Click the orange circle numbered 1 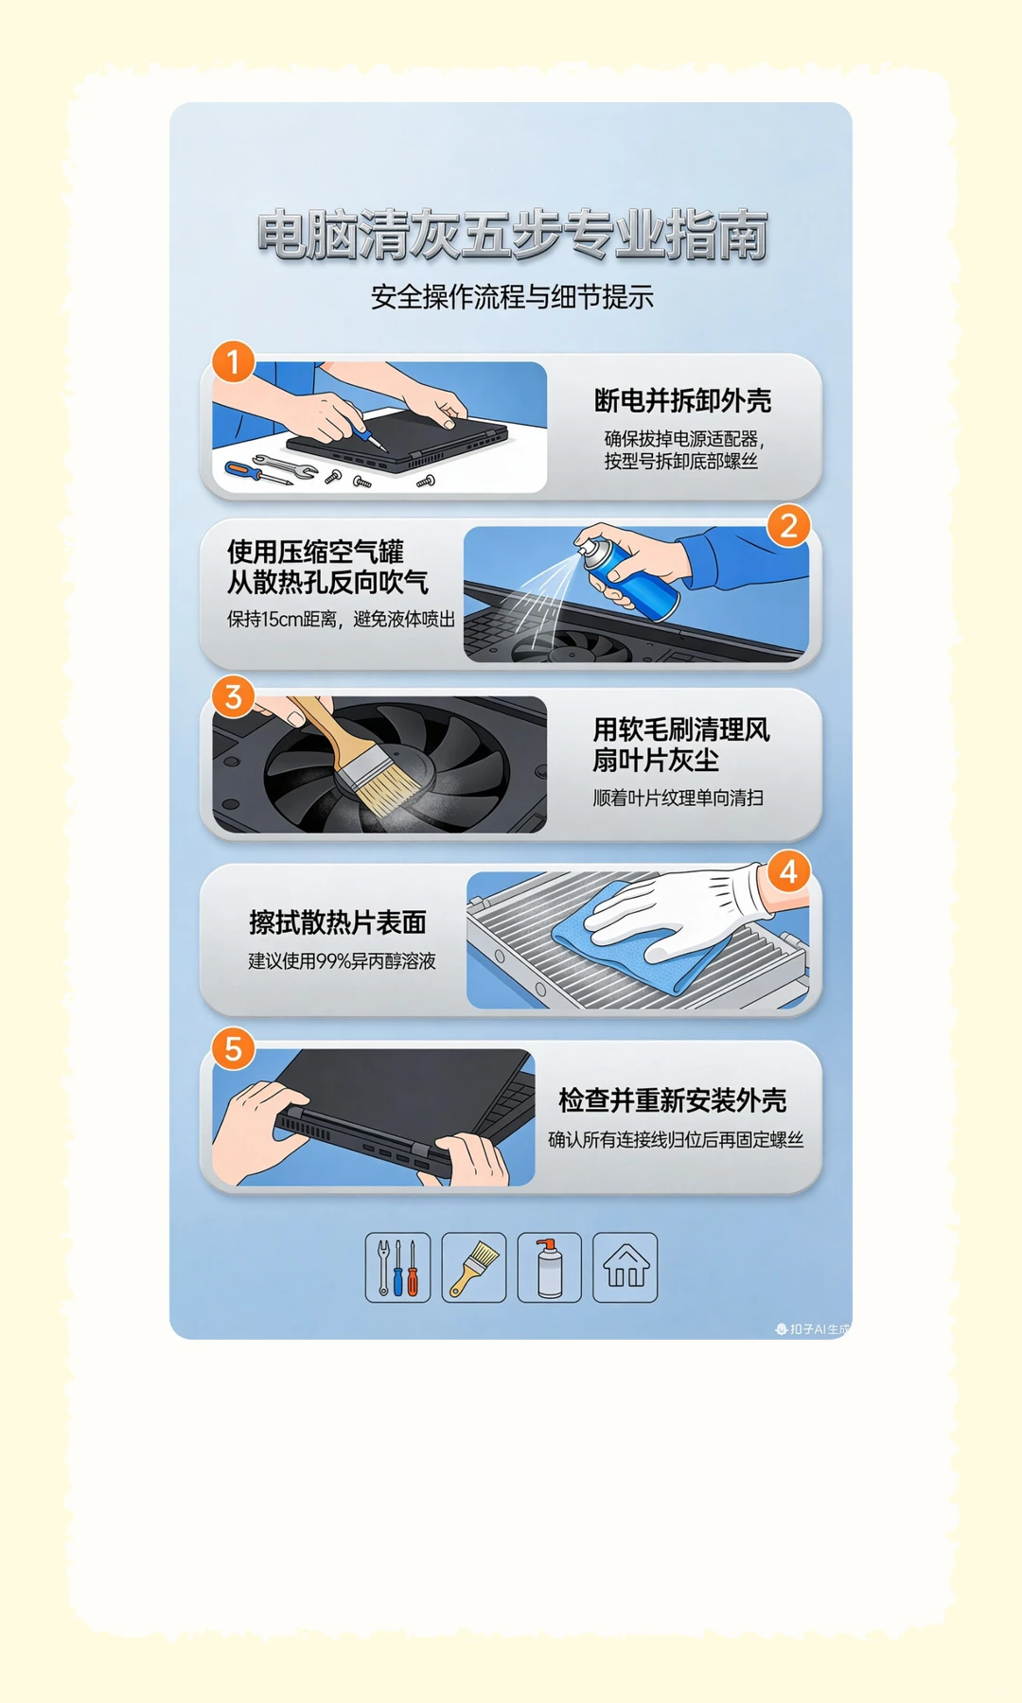coord(233,362)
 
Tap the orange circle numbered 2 coord(788,526)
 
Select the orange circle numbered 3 coord(233,697)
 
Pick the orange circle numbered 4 coord(788,871)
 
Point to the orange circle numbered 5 coord(233,1049)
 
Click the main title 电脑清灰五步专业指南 coord(511,236)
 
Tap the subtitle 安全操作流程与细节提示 coord(511,297)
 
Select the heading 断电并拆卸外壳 coord(682,401)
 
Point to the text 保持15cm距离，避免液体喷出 coord(341,620)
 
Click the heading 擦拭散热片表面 coord(338,922)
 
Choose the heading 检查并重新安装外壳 coord(672,1101)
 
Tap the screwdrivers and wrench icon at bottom coord(397,1268)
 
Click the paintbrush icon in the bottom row coord(473,1268)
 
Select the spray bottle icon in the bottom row coord(549,1268)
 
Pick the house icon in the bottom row coord(625,1268)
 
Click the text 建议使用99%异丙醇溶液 coord(342,961)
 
